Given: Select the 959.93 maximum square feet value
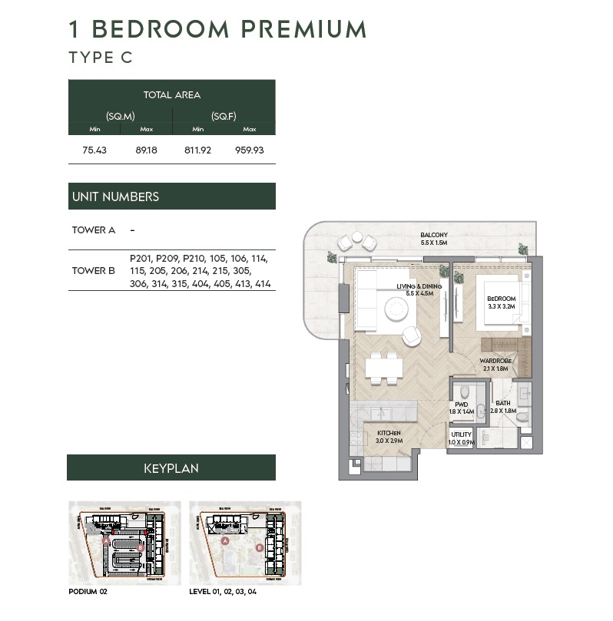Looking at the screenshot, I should click(x=249, y=150).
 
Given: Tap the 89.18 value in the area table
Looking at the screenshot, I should click(x=146, y=150).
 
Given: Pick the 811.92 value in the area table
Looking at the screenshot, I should click(x=197, y=150).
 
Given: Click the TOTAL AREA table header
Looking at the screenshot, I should click(x=171, y=95).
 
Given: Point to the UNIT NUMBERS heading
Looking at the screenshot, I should click(x=115, y=197).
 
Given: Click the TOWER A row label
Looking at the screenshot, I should click(x=94, y=230).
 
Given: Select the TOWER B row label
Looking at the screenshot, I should click(x=94, y=270).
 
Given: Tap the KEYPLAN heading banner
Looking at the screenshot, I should click(x=171, y=467).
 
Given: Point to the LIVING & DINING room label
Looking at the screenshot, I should click(x=419, y=289).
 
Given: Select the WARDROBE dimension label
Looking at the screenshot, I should click(x=495, y=364).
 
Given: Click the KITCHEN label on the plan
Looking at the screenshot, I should click(x=389, y=438).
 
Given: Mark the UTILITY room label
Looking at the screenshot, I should click(x=461, y=438).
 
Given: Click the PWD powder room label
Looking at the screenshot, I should click(x=461, y=408).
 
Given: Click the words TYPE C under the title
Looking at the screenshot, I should click(x=101, y=58).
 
